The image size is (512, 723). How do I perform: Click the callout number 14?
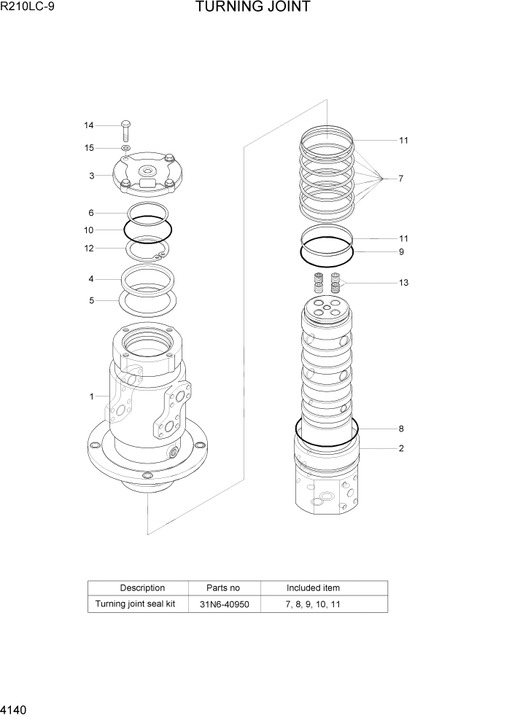(x=89, y=125)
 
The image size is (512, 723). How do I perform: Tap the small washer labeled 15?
(x=125, y=148)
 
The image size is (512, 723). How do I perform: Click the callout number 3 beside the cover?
(x=91, y=176)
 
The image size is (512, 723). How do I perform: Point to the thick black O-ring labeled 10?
(x=148, y=230)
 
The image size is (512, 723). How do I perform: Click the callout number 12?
(x=89, y=248)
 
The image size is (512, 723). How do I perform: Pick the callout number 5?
(x=91, y=300)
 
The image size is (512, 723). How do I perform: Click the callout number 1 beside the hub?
(x=91, y=396)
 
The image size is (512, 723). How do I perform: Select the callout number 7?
(x=400, y=179)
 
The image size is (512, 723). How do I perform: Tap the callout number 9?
(x=400, y=252)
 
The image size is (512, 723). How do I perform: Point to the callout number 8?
(x=400, y=429)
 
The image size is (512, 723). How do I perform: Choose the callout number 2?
(x=400, y=448)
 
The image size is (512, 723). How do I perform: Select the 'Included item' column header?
(x=313, y=588)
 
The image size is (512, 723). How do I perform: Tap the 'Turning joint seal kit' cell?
(x=136, y=604)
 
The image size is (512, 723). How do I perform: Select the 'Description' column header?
(x=142, y=588)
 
